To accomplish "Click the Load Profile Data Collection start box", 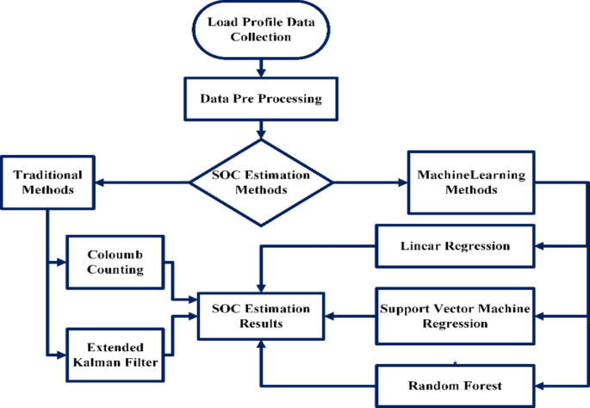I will point(260,29).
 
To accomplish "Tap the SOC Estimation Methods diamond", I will point(261,182).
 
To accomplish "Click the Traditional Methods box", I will point(47,182).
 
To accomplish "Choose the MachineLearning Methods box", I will point(466,182).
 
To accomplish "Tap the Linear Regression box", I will point(455,246).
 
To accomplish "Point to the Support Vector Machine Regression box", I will point(455,316).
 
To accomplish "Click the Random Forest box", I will point(455,385).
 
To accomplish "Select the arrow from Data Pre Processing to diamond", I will point(260,129).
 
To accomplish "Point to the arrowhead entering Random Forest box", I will point(539,385).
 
